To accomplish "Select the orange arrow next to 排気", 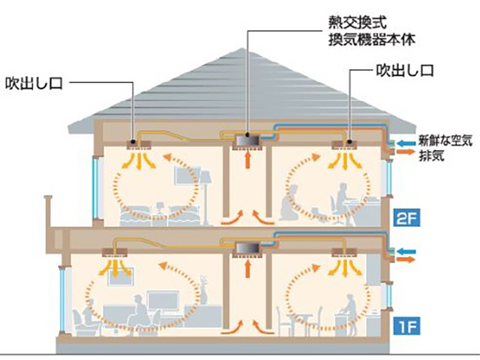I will click(409, 154).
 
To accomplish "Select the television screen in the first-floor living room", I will click(164, 300).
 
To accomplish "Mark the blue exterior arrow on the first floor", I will click(407, 248).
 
